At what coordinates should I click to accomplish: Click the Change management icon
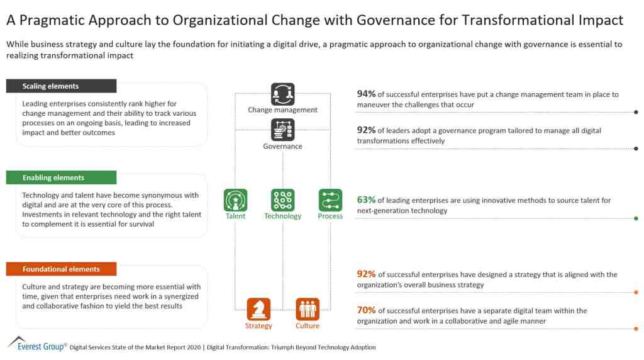point(282,94)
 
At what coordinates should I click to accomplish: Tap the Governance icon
point(282,130)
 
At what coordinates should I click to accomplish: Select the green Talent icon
point(235,200)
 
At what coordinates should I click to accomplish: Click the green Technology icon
point(282,200)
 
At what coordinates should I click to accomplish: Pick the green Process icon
point(330,200)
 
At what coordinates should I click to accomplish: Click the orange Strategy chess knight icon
point(258,309)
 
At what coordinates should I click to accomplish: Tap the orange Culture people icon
point(308,309)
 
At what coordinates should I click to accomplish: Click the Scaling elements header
point(61,86)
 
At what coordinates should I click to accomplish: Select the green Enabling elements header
point(61,177)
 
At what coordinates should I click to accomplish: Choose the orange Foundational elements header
point(61,269)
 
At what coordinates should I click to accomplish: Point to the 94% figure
point(366,94)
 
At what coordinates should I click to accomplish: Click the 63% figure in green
point(366,200)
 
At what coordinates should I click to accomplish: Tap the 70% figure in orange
point(366,310)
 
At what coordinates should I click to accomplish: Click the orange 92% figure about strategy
point(366,274)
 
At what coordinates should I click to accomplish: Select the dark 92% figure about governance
point(366,130)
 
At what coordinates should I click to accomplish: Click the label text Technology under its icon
point(282,217)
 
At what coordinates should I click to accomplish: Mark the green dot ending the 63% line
point(636,218)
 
